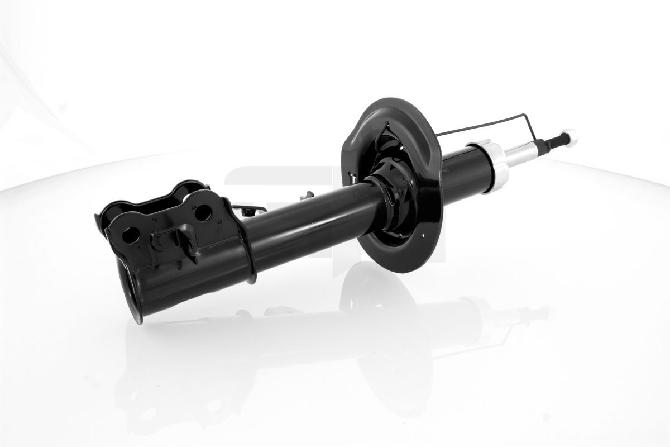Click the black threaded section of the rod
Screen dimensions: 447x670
(x=553, y=141)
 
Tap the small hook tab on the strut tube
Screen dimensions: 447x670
(x=307, y=196)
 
